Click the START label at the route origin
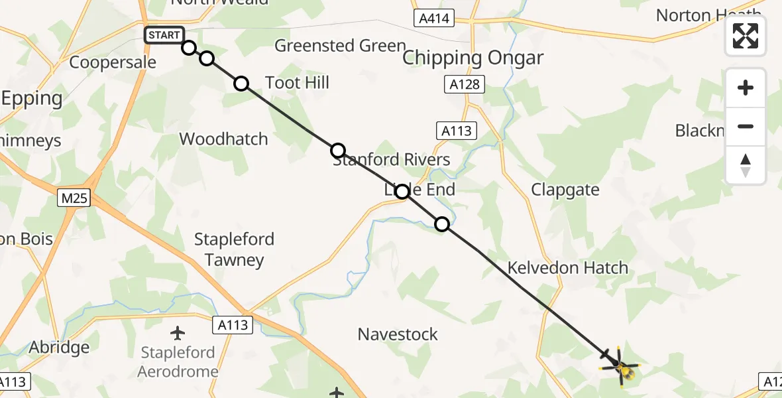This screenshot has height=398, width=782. point(164,35)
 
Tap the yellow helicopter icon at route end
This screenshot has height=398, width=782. point(621,367)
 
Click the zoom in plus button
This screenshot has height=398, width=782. point(746,88)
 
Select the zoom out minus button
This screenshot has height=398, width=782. point(746,126)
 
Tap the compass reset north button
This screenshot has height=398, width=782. point(746,165)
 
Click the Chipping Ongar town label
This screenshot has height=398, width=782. point(473,58)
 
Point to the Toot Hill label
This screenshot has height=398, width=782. point(297,83)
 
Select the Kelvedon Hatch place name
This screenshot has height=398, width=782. point(567,268)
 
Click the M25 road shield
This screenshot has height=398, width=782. point(73,198)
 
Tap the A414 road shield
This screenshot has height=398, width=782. point(435,19)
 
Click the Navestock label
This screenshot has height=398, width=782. point(398,334)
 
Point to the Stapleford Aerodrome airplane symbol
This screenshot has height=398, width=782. point(178,332)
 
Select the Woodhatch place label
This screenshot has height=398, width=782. point(224,139)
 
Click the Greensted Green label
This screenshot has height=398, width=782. point(340,46)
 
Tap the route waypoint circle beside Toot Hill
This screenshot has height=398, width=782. point(241,84)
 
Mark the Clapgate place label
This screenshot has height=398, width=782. point(565,190)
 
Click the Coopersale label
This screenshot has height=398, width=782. point(113,62)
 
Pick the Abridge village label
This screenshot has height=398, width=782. point(59,348)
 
